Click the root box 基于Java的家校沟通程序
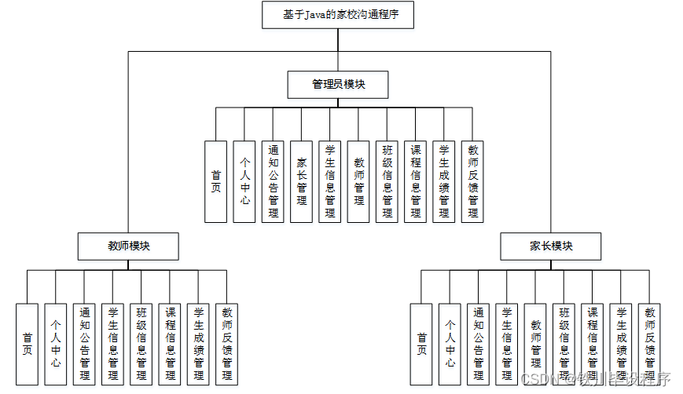pyautogui.click(x=337, y=15)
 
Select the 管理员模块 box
pyautogui.click(x=338, y=85)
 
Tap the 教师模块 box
pyautogui.click(x=129, y=246)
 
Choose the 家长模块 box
pyautogui.click(x=551, y=246)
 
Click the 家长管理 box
pyautogui.click(x=301, y=181)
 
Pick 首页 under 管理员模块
pyautogui.click(x=216, y=181)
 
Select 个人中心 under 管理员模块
pyautogui.click(x=244, y=181)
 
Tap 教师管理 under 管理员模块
pyautogui.click(x=358, y=181)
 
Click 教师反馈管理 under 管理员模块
pyautogui.click(x=472, y=181)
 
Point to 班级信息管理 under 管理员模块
pyautogui.click(x=387, y=181)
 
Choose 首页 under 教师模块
pyautogui.click(x=28, y=344)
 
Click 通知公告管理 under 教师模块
pyautogui.click(x=84, y=344)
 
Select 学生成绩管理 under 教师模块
pyautogui.click(x=198, y=344)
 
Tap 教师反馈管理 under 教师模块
pyautogui.click(x=226, y=344)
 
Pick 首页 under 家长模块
pyautogui.click(x=422, y=344)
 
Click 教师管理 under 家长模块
pyautogui.click(x=536, y=344)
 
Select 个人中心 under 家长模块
pyautogui.click(x=450, y=344)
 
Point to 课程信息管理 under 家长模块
pyautogui.click(x=593, y=344)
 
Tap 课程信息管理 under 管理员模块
pyautogui.click(x=415, y=181)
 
